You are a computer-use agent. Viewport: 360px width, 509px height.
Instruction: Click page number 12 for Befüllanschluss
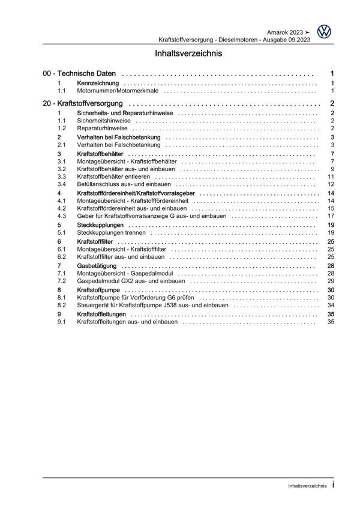coord(331,184)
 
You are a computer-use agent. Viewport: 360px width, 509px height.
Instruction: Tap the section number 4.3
coord(62,216)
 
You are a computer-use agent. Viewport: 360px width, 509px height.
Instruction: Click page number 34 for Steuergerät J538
coord(331,304)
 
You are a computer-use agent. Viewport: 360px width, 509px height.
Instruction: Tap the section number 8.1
coord(62,297)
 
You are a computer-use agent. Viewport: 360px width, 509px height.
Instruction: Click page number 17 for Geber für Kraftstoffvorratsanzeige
coord(331,216)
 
